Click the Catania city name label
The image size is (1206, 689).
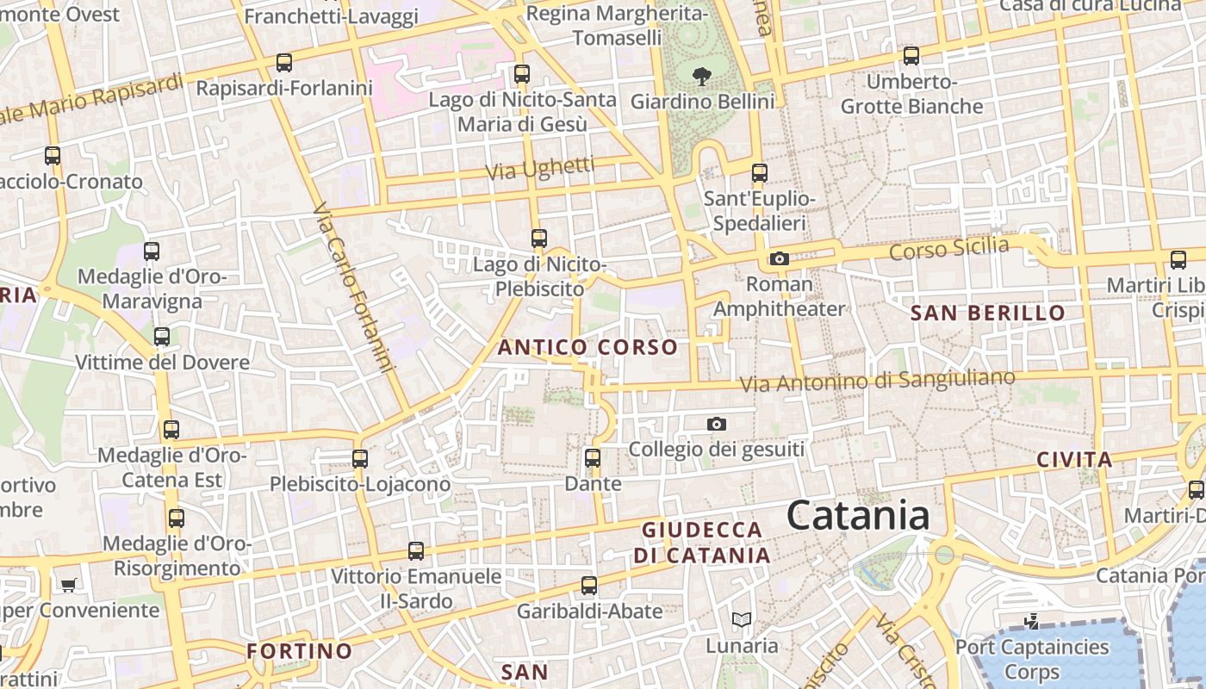click(858, 516)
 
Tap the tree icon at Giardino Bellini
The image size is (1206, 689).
click(702, 76)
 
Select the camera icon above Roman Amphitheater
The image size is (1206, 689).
click(779, 258)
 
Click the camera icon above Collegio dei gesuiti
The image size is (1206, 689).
click(716, 424)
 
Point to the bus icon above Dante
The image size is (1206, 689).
click(593, 457)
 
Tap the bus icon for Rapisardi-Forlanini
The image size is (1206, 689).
click(283, 62)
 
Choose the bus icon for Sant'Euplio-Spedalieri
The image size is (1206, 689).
click(759, 172)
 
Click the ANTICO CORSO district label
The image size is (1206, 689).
click(588, 347)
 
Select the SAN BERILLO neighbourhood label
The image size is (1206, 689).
click(988, 313)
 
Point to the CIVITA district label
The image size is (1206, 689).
click(1074, 459)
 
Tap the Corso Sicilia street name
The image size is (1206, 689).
click(949, 249)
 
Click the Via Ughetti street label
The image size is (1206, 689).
click(540, 168)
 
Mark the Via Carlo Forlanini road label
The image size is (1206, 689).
click(353, 289)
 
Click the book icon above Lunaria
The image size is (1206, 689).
click(741, 619)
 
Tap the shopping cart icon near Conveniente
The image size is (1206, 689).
click(68, 585)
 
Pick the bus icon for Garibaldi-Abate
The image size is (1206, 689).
click(589, 586)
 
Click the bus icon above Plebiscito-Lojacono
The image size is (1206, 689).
click(360, 458)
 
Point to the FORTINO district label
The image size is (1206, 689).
click(300, 650)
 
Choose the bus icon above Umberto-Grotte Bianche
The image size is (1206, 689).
click(911, 56)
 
